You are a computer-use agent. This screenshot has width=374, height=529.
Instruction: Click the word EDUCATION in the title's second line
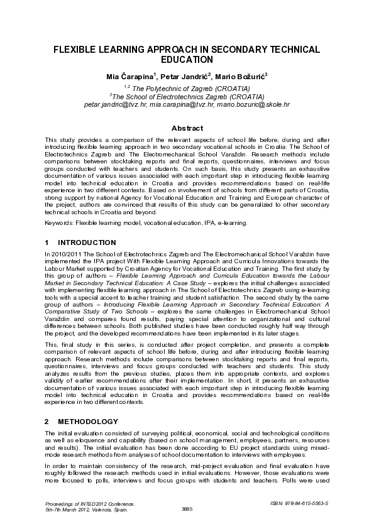[x=187, y=60]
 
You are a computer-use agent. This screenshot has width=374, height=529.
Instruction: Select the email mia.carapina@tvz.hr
[x=182, y=105]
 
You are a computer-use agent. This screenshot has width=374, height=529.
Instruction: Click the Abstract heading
[x=187, y=128]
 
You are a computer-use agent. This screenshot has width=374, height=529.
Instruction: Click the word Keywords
[x=58, y=222]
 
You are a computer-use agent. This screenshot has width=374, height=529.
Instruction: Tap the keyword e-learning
[x=233, y=222]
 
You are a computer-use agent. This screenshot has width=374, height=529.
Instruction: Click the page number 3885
[x=187, y=508]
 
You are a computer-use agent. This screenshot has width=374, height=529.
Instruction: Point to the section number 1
[x=47, y=242]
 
